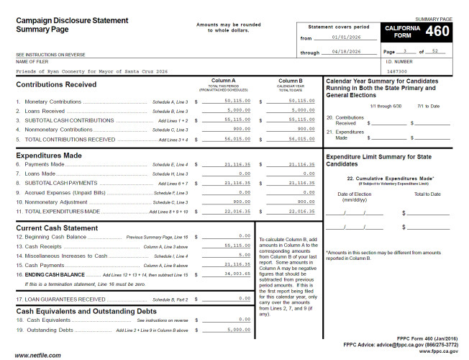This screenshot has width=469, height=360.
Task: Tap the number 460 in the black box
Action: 437,32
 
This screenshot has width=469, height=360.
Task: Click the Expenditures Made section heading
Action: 49,155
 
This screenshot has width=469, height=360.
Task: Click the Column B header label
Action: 290,81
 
